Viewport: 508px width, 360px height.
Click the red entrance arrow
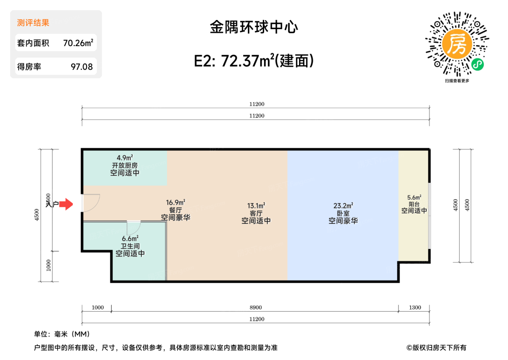click(x=66, y=204)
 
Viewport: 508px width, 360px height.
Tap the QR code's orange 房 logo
click(x=457, y=44)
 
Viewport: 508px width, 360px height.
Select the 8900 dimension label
click(x=255, y=307)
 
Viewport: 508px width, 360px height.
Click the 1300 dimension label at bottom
click(x=415, y=307)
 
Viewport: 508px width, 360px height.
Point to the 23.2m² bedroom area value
click(x=343, y=206)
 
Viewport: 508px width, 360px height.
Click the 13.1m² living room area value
click(x=256, y=206)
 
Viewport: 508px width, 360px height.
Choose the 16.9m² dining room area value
click(x=175, y=202)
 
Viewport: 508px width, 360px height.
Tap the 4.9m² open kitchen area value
click(x=124, y=158)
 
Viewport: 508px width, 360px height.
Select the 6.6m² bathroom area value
click(x=130, y=238)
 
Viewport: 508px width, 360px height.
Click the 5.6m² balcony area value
click(x=414, y=197)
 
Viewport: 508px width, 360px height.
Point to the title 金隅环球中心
click(x=254, y=27)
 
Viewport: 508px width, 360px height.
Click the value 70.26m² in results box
click(x=78, y=43)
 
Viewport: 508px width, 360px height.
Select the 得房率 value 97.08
click(x=82, y=67)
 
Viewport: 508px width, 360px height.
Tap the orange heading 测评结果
click(x=33, y=23)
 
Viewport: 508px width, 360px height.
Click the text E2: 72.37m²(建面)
click(x=254, y=61)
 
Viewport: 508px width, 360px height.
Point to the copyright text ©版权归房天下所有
click(x=436, y=348)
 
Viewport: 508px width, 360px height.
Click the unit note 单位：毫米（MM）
click(x=62, y=334)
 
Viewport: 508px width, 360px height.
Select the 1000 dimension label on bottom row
click(x=98, y=307)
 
